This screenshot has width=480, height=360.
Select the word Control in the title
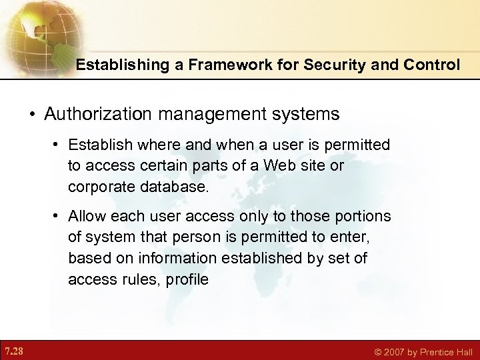(x=427, y=65)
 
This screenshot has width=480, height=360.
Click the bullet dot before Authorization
(x=32, y=114)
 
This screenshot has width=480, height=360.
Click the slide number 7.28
(x=14, y=350)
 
